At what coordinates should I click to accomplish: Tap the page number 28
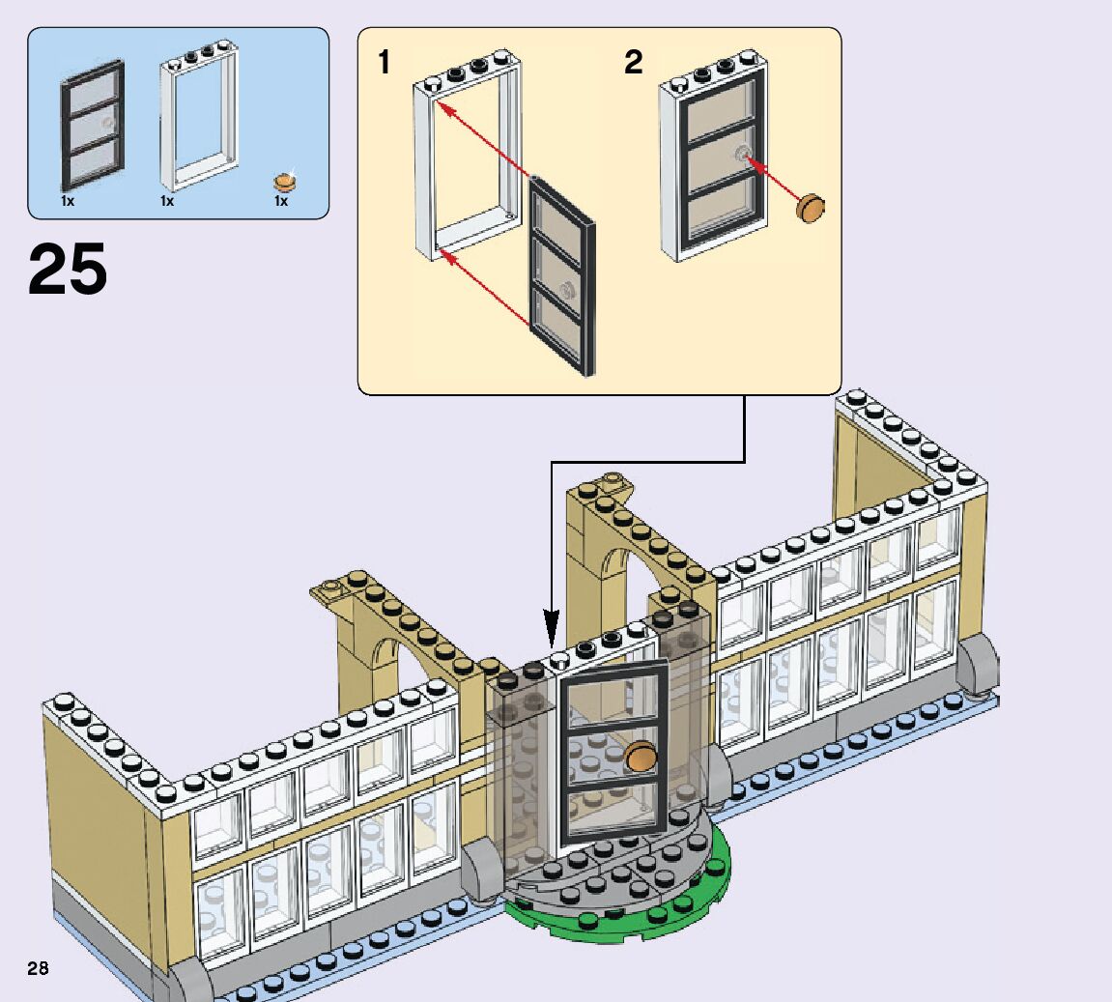point(38,968)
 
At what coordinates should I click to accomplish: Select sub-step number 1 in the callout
point(385,63)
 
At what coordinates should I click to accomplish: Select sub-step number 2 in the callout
point(633,63)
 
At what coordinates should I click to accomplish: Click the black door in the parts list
point(93,126)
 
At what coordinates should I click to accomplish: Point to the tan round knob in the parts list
point(285,181)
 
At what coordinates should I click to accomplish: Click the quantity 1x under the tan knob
point(281,202)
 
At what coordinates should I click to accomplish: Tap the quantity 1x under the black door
point(68,202)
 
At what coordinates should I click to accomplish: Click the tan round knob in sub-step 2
point(812,207)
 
